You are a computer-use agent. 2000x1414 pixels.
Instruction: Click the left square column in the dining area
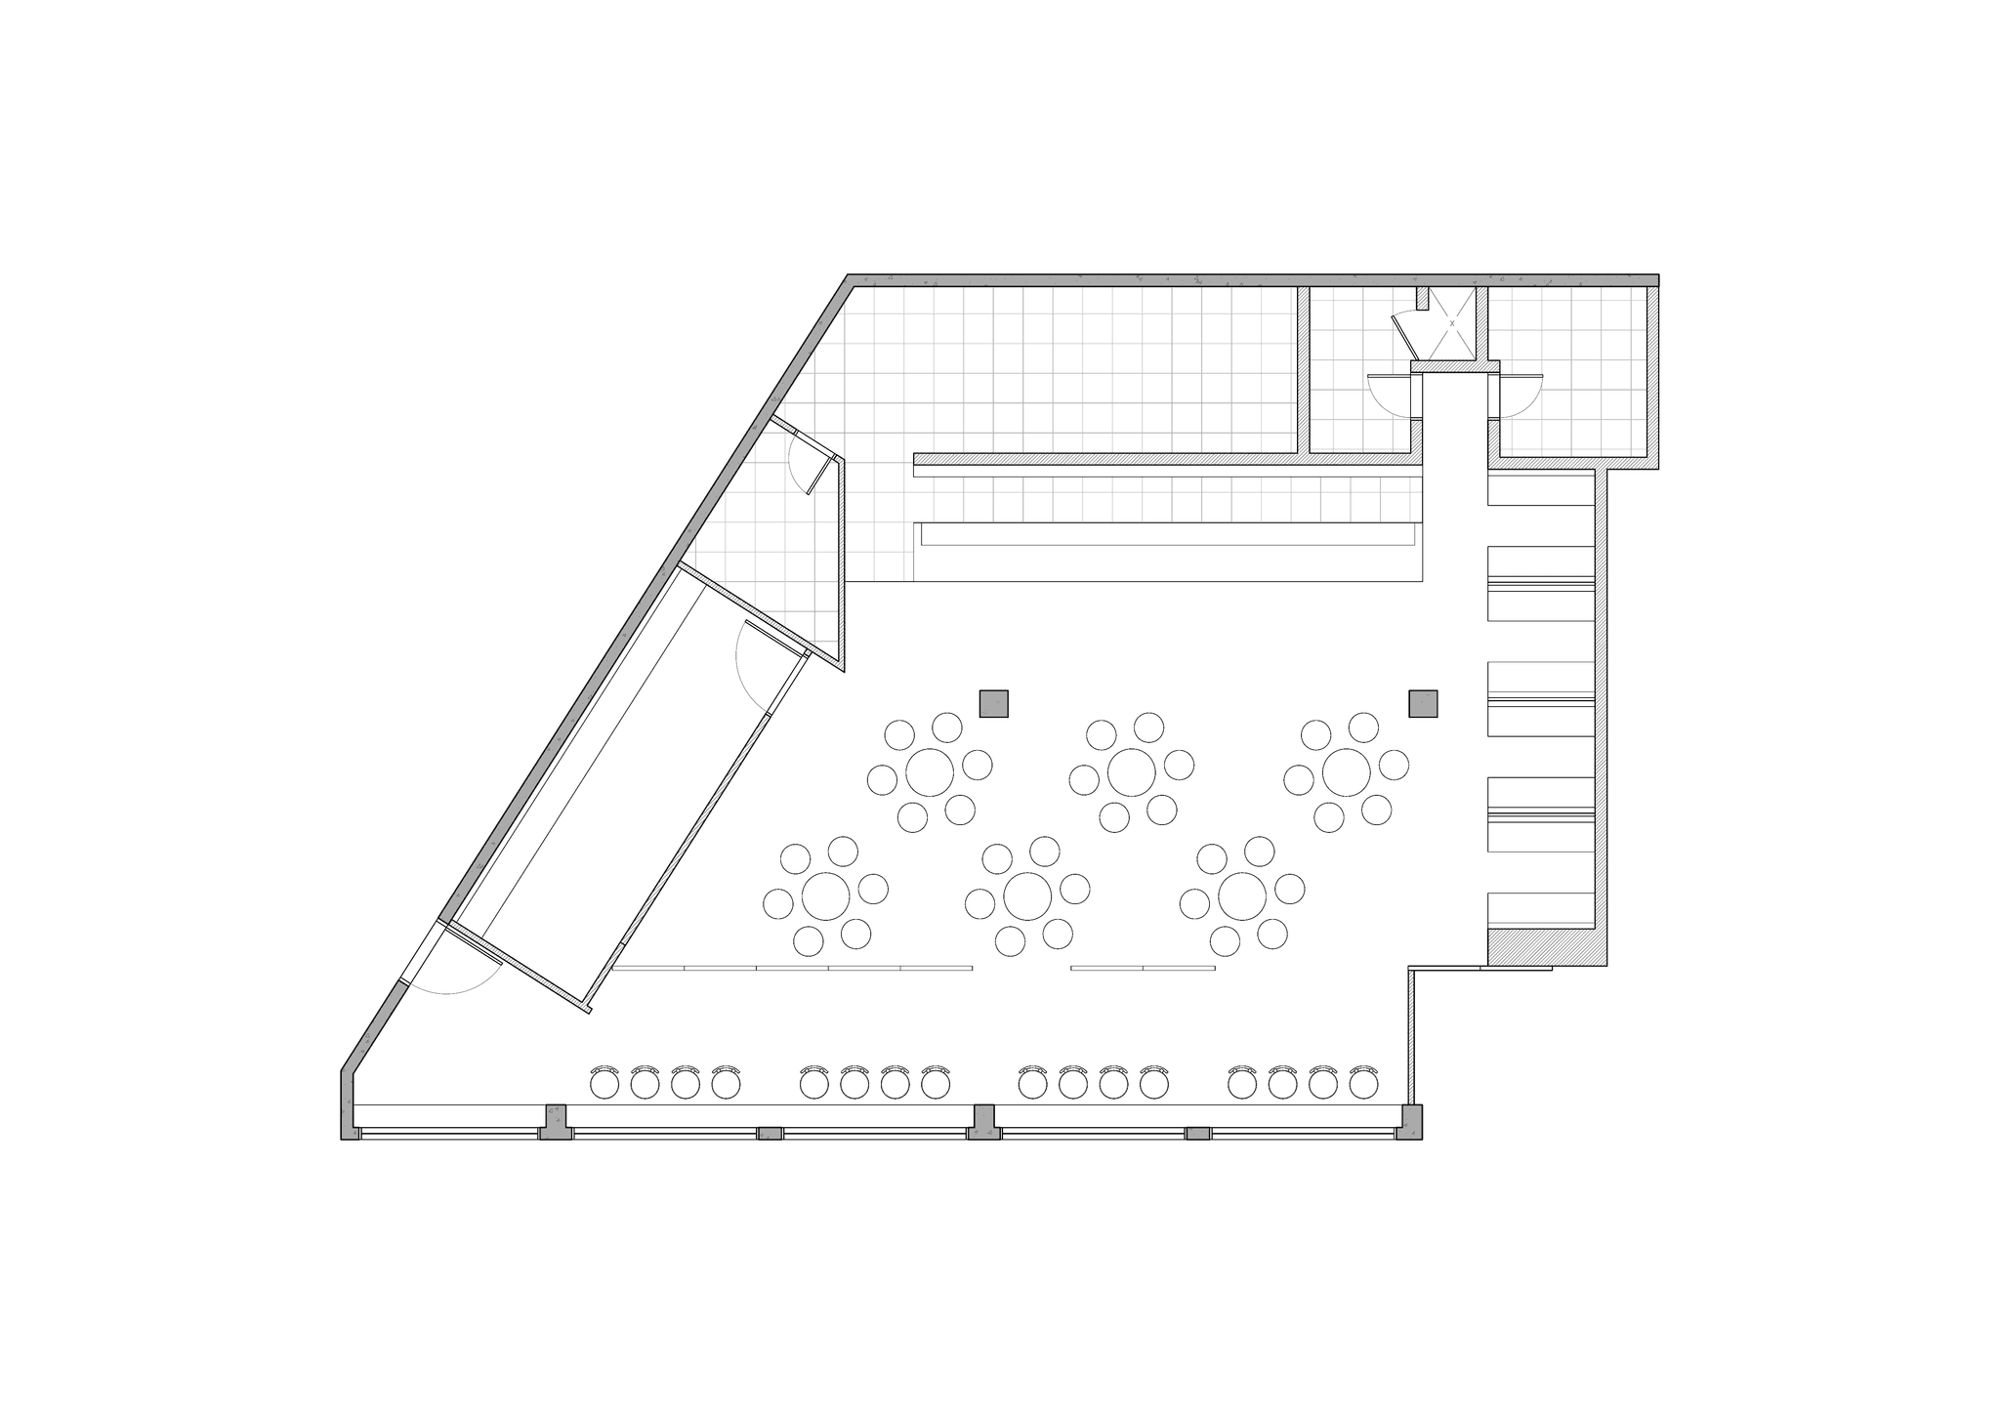(994, 704)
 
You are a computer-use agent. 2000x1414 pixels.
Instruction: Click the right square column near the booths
(1423, 704)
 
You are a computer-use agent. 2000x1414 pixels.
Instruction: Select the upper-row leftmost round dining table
(930, 772)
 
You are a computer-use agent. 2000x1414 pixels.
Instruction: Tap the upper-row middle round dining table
(1132, 772)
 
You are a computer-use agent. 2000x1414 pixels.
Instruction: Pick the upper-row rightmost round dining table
(1347, 772)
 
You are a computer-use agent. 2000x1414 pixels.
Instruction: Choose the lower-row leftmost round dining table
(826, 895)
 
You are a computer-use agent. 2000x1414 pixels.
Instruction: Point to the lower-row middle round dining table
(1027, 895)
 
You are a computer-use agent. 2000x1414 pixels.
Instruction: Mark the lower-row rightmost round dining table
(1242, 895)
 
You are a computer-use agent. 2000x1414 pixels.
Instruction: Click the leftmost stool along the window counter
(604, 1083)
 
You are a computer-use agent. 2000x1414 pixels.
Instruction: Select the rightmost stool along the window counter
(1362, 1083)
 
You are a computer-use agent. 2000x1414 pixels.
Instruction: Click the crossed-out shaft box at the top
(1452, 323)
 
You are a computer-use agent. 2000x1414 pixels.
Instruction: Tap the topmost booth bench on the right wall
(1540, 490)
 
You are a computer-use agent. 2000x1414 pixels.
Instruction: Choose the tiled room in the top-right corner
(1572, 371)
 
